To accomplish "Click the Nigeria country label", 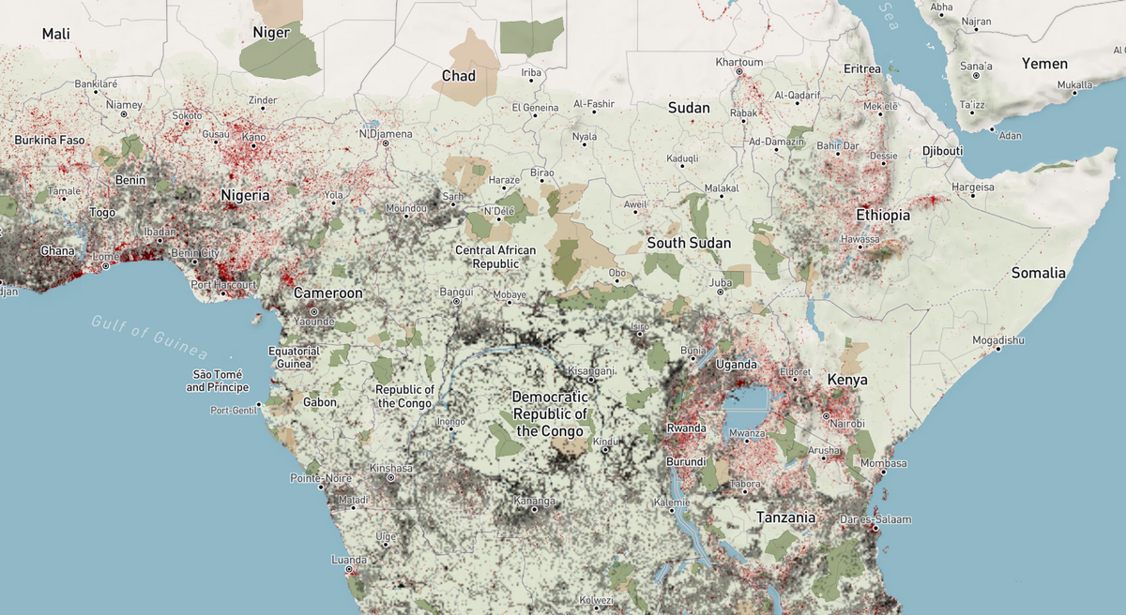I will tap(245, 196).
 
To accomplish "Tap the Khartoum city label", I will tap(739, 62).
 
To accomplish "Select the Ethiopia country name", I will tap(883, 216).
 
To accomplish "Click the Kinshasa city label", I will tap(391, 468).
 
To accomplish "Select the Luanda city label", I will tap(349, 560).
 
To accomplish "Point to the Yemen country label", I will tap(1045, 64).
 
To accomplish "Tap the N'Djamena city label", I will tap(385, 134).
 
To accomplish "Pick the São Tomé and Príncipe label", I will tap(217, 381).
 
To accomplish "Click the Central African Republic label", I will tap(495, 257).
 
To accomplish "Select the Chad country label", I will tap(459, 76).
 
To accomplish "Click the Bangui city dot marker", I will tap(456, 302).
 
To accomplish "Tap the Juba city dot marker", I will tap(720, 292).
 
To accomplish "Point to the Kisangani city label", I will tap(591, 371).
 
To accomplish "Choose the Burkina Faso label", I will tap(50, 141).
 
